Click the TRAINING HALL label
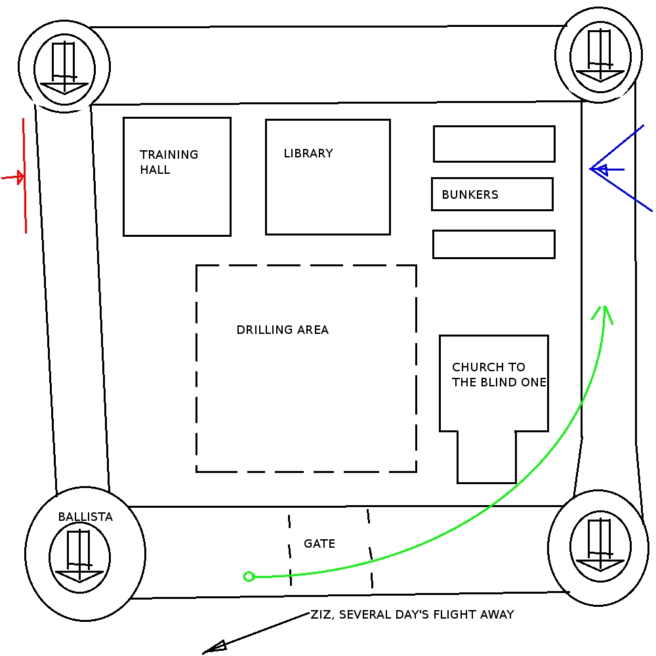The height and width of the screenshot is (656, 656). [x=169, y=162]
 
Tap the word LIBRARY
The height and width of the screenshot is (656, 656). [x=308, y=154]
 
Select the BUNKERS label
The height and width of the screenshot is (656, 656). [x=470, y=195]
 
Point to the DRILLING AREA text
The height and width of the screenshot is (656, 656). [x=282, y=330]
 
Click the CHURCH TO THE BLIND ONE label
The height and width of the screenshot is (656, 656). [x=499, y=375]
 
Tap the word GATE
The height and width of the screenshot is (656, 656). [x=319, y=544]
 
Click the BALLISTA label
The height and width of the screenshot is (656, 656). [x=85, y=517]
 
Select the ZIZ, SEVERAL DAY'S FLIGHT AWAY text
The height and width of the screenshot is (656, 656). [x=412, y=615]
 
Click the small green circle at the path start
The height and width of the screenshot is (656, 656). [x=249, y=577]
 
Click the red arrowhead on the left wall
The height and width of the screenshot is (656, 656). [x=20, y=177]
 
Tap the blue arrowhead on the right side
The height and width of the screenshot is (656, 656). [x=598, y=170]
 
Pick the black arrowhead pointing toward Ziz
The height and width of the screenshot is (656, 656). [x=214, y=647]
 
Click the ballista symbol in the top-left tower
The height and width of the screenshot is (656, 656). [x=64, y=68]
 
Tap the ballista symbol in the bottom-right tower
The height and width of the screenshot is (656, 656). [x=600, y=545]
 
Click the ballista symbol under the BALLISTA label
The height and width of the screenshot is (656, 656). [x=79, y=557]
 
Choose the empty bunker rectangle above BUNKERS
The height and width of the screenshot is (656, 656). [x=494, y=144]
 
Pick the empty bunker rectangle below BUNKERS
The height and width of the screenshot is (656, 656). [x=494, y=244]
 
